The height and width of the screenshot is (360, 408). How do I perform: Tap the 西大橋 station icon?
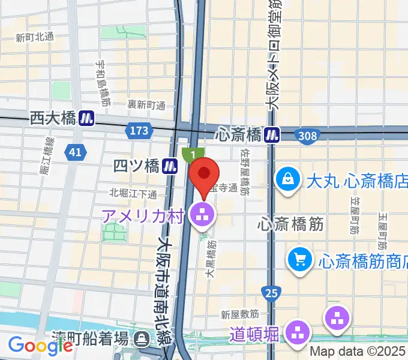tap(88, 118)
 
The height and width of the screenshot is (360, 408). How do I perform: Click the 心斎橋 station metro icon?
tap(273, 133)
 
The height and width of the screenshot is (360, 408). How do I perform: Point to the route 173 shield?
tap(137, 130)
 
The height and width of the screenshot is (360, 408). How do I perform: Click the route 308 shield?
tap(307, 136)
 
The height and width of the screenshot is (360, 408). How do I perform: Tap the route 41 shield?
tap(74, 153)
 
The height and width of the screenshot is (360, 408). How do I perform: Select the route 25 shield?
tap(271, 293)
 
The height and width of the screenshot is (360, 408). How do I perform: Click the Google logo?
tap(40, 345)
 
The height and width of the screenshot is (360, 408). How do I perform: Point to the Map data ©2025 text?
tap(358, 350)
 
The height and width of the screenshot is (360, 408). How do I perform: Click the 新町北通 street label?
tap(35, 37)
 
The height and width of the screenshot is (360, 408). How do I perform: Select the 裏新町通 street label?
tap(146, 105)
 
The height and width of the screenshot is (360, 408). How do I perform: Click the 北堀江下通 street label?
tap(133, 193)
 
